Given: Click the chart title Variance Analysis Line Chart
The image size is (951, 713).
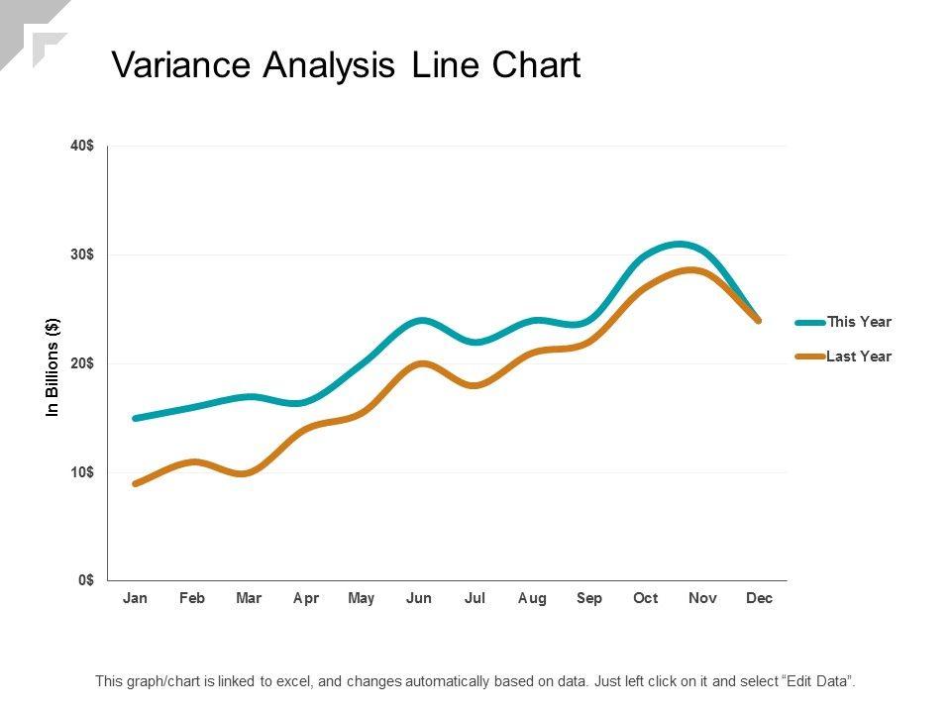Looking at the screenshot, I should [345, 65].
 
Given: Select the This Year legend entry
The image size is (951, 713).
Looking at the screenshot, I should [859, 322].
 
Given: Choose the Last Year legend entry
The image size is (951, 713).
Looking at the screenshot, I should [859, 356].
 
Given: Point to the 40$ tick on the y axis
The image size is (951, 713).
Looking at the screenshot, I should [82, 146].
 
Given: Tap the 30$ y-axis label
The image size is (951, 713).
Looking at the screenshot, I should [82, 255].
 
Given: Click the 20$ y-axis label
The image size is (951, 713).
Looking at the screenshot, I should [82, 363].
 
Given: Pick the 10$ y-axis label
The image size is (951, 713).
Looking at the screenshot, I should [82, 472].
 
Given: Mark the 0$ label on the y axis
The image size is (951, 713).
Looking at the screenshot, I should [86, 580].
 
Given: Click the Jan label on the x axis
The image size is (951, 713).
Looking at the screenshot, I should [135, 599].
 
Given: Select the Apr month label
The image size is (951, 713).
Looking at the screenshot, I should [305, 599].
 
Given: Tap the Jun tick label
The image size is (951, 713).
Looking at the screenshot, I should [419, 599].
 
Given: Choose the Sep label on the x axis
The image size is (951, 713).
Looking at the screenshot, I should [589, 599].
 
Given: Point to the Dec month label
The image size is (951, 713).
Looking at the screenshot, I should [759, 599].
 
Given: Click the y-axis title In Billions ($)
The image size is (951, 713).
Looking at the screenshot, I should [53, 367].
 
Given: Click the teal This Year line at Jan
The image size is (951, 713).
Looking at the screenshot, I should [136, 418].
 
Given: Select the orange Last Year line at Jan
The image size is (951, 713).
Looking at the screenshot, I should [136, 483].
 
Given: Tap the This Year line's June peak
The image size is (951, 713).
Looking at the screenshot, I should [421, 321].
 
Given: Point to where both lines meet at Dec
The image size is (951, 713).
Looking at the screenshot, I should [759, 320].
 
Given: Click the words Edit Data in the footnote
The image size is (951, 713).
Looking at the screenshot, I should [818, 681].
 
